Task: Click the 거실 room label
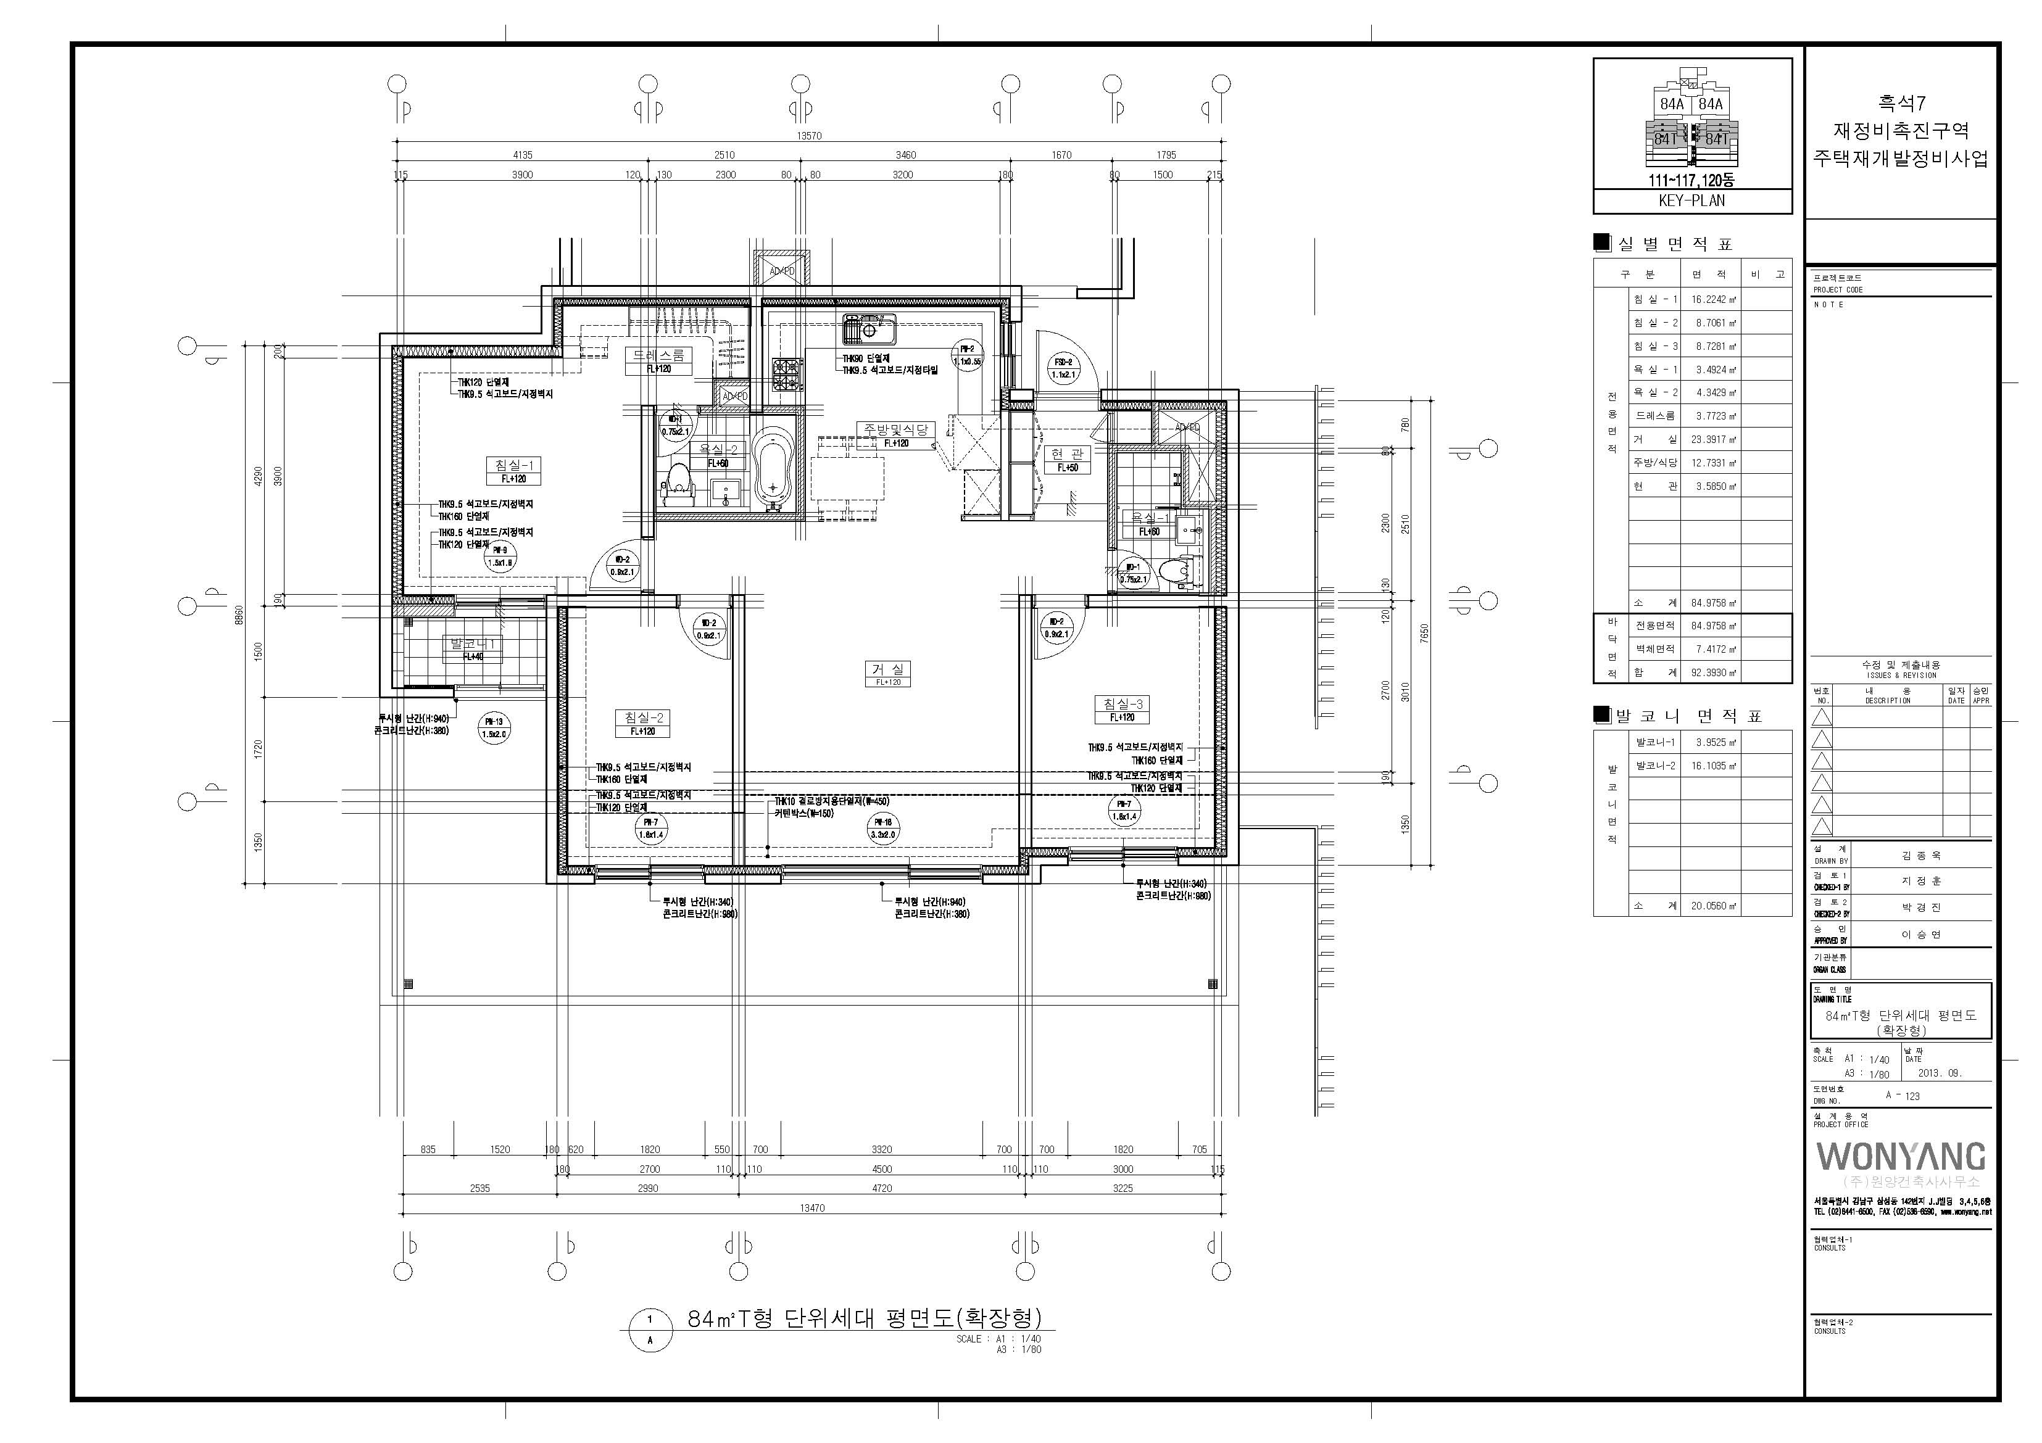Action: click(x=887, y=669)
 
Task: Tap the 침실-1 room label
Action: click(x=513, y=466)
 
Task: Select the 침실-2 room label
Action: click(x=642, y=718)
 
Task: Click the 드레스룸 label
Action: click(x=659, y=355)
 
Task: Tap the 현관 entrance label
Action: click(x=1067, y=454)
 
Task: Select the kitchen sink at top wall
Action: click(x=869, y=331)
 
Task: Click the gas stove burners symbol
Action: click(x=787, y=374)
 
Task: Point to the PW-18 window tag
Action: click(x=882, y=829)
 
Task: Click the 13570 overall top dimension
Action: click(x=808, y=136)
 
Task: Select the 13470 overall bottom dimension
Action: click(x=812, y=1207)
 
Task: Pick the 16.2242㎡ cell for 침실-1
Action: click(x=1713, y=300)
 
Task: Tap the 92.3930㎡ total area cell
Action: click(x=1713, y=673)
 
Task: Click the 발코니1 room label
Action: click(x=472, y=643)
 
